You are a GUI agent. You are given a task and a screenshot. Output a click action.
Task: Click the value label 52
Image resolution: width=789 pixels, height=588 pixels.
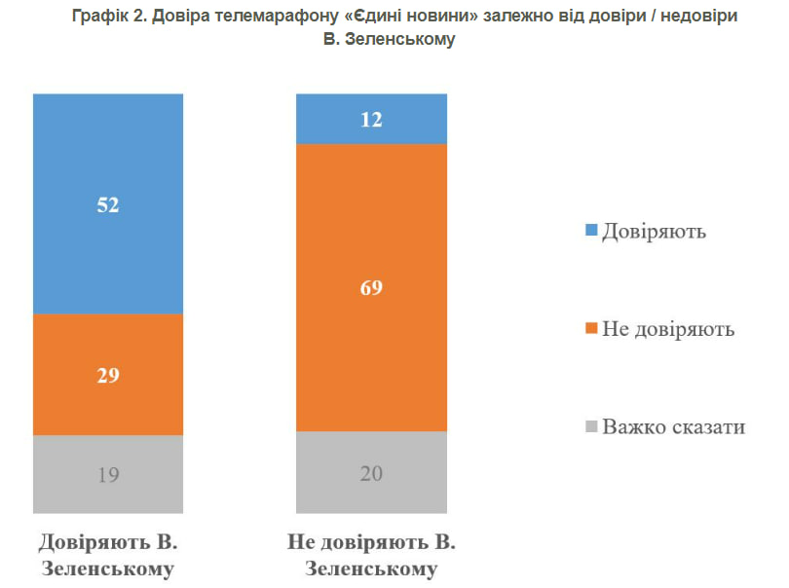pyautogui.click(x=108, y=205)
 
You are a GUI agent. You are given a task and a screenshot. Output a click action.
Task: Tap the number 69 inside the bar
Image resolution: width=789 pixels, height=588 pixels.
pyautogui.click(x=371, y=288)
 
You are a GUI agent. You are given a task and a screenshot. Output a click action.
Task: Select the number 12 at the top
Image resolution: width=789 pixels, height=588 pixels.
pyautogui.click(x=371, y=120)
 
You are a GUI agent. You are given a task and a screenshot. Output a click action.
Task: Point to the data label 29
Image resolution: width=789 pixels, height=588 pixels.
pyautogui.click(x=108, y=375)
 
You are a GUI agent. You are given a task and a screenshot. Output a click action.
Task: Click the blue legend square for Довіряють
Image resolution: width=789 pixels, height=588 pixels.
pyautogui.click(x=589, y=232)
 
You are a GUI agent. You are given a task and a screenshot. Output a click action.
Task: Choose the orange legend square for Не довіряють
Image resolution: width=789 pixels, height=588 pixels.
pyautogui.click(x=589, y=329)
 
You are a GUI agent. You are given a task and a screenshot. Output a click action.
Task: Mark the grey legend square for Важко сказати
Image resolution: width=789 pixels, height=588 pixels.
pyautogui.click(x=589, y=427)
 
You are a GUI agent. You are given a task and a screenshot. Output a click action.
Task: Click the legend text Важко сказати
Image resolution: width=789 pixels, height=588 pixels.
pyautogui.click(x=673, y=426)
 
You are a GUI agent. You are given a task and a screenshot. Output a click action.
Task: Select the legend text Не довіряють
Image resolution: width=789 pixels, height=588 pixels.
pyautogui.click(x=667, y=329)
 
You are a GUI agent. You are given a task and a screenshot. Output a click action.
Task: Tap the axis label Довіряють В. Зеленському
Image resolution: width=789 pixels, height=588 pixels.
pyautogui.click(x=108, y=555)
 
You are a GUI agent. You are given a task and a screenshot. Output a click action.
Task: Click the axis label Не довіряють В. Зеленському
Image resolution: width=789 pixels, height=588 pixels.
pyautogui.click(x=371, y=555)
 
